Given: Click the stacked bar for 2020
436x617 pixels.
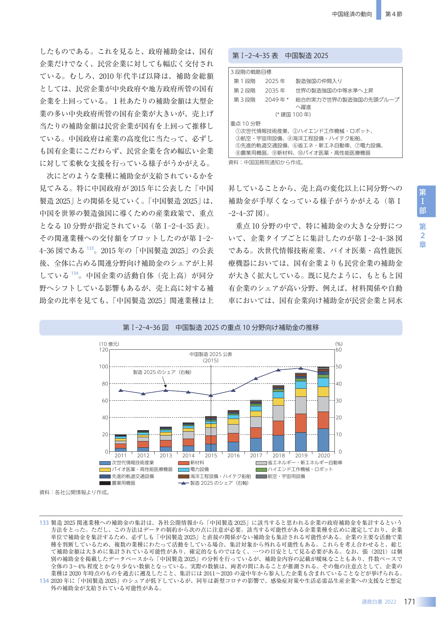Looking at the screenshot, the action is [323, 409].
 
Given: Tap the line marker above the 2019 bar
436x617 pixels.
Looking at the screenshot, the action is [301, 368].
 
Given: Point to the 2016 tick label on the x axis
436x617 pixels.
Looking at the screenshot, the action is [233, 456].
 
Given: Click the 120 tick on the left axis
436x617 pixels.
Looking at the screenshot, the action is [104, 350].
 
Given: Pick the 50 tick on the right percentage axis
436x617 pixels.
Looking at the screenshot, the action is [339, 367].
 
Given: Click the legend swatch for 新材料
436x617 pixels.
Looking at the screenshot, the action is [184, 463].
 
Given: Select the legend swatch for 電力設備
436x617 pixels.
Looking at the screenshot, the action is [184, 470].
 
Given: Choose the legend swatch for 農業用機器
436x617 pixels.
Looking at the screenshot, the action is [105, 483].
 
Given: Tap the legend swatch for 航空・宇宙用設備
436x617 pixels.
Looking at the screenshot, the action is [261, 477].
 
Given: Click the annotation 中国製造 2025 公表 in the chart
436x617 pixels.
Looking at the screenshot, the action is [211, 354].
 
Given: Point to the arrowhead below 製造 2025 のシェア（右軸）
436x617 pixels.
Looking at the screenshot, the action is [165, 386].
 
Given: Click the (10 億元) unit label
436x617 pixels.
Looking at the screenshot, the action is [109, 344].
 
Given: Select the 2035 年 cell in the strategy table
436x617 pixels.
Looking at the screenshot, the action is [275, 90].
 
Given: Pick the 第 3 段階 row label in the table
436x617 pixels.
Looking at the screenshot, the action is [245, 100].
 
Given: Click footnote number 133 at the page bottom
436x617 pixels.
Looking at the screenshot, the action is [44, 523].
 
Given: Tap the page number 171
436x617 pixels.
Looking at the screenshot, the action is [410, 602].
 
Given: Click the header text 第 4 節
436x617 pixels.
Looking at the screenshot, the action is [394, 14].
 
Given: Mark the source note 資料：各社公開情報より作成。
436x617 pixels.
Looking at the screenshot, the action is [75, 492].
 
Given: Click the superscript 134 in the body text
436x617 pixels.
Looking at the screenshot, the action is [75, 273].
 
